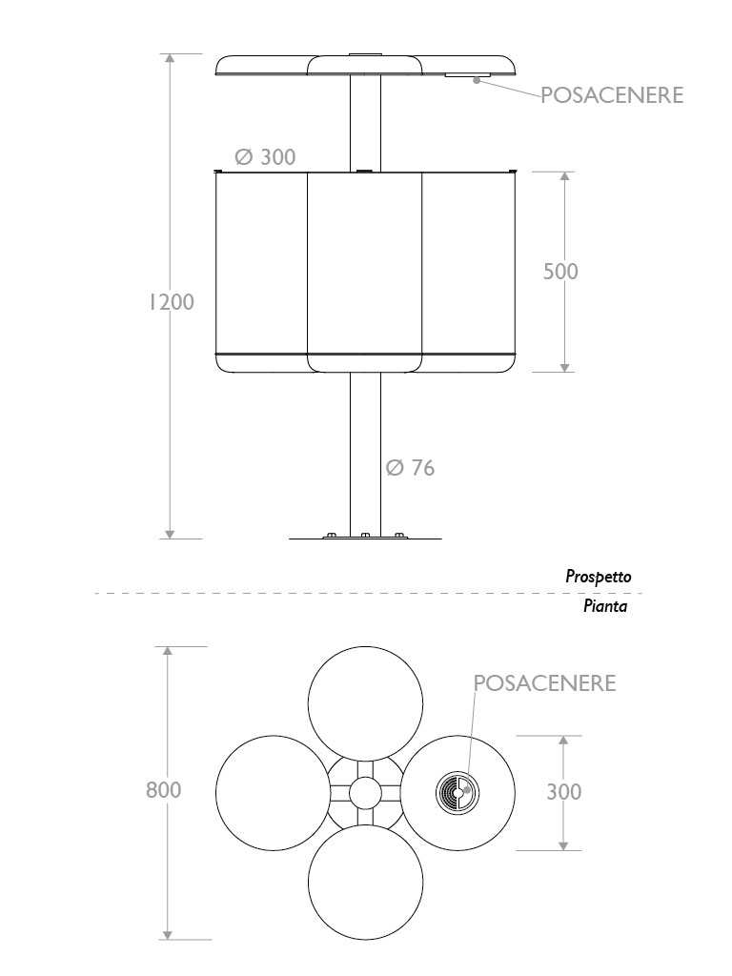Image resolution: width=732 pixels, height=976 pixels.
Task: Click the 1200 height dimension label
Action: pyautogui.click(x=172, y=302)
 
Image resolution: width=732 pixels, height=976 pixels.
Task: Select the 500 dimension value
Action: pyautogui.click(x=560, y=272)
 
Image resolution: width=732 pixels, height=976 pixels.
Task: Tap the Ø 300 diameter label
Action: pyautogui.click(x=265, y=157)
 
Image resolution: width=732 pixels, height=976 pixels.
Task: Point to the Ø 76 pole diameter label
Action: pyautogui.click(x=410, y=467)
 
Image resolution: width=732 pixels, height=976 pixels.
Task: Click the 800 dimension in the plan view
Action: pyautogui.click(x=164, y=790)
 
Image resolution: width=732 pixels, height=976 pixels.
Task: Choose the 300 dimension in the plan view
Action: pyautogui.click(x=564, y=792)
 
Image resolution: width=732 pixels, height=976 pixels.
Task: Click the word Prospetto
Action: pyautogui.click(x=599, y=577)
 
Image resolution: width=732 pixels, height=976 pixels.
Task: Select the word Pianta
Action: pyautogui.click(x=605, y=605)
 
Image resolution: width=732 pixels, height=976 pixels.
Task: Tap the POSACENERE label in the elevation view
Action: pyautogui.click(x=612, y=95)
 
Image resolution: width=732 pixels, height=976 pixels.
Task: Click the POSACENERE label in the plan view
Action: pyautogui.click(x=544, y=682)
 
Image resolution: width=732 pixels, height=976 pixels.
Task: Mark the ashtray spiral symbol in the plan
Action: pyautogui.click(x=457, y=793)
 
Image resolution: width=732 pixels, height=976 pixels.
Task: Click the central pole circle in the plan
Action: pyautogui.click(x=365, y=793)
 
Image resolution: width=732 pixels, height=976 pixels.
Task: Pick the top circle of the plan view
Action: pyautogui.click(x=365, y=704)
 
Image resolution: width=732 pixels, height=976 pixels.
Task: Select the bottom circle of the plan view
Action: pyautogui.click(x=365, y=882)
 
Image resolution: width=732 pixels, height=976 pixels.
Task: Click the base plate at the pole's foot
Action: pyautogui.click(x=365, y=537)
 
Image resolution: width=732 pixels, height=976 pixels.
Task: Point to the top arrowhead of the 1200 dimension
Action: pyautogui.click(x=170, y=58)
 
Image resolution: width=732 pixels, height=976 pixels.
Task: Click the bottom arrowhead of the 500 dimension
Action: pyautogui.click(x=564, y=368)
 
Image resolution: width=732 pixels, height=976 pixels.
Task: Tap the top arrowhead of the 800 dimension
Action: pyautogui.click(x=168, y=651)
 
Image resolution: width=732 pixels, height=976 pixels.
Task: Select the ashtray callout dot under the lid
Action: pyautogui.click(x=478, y=80)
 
